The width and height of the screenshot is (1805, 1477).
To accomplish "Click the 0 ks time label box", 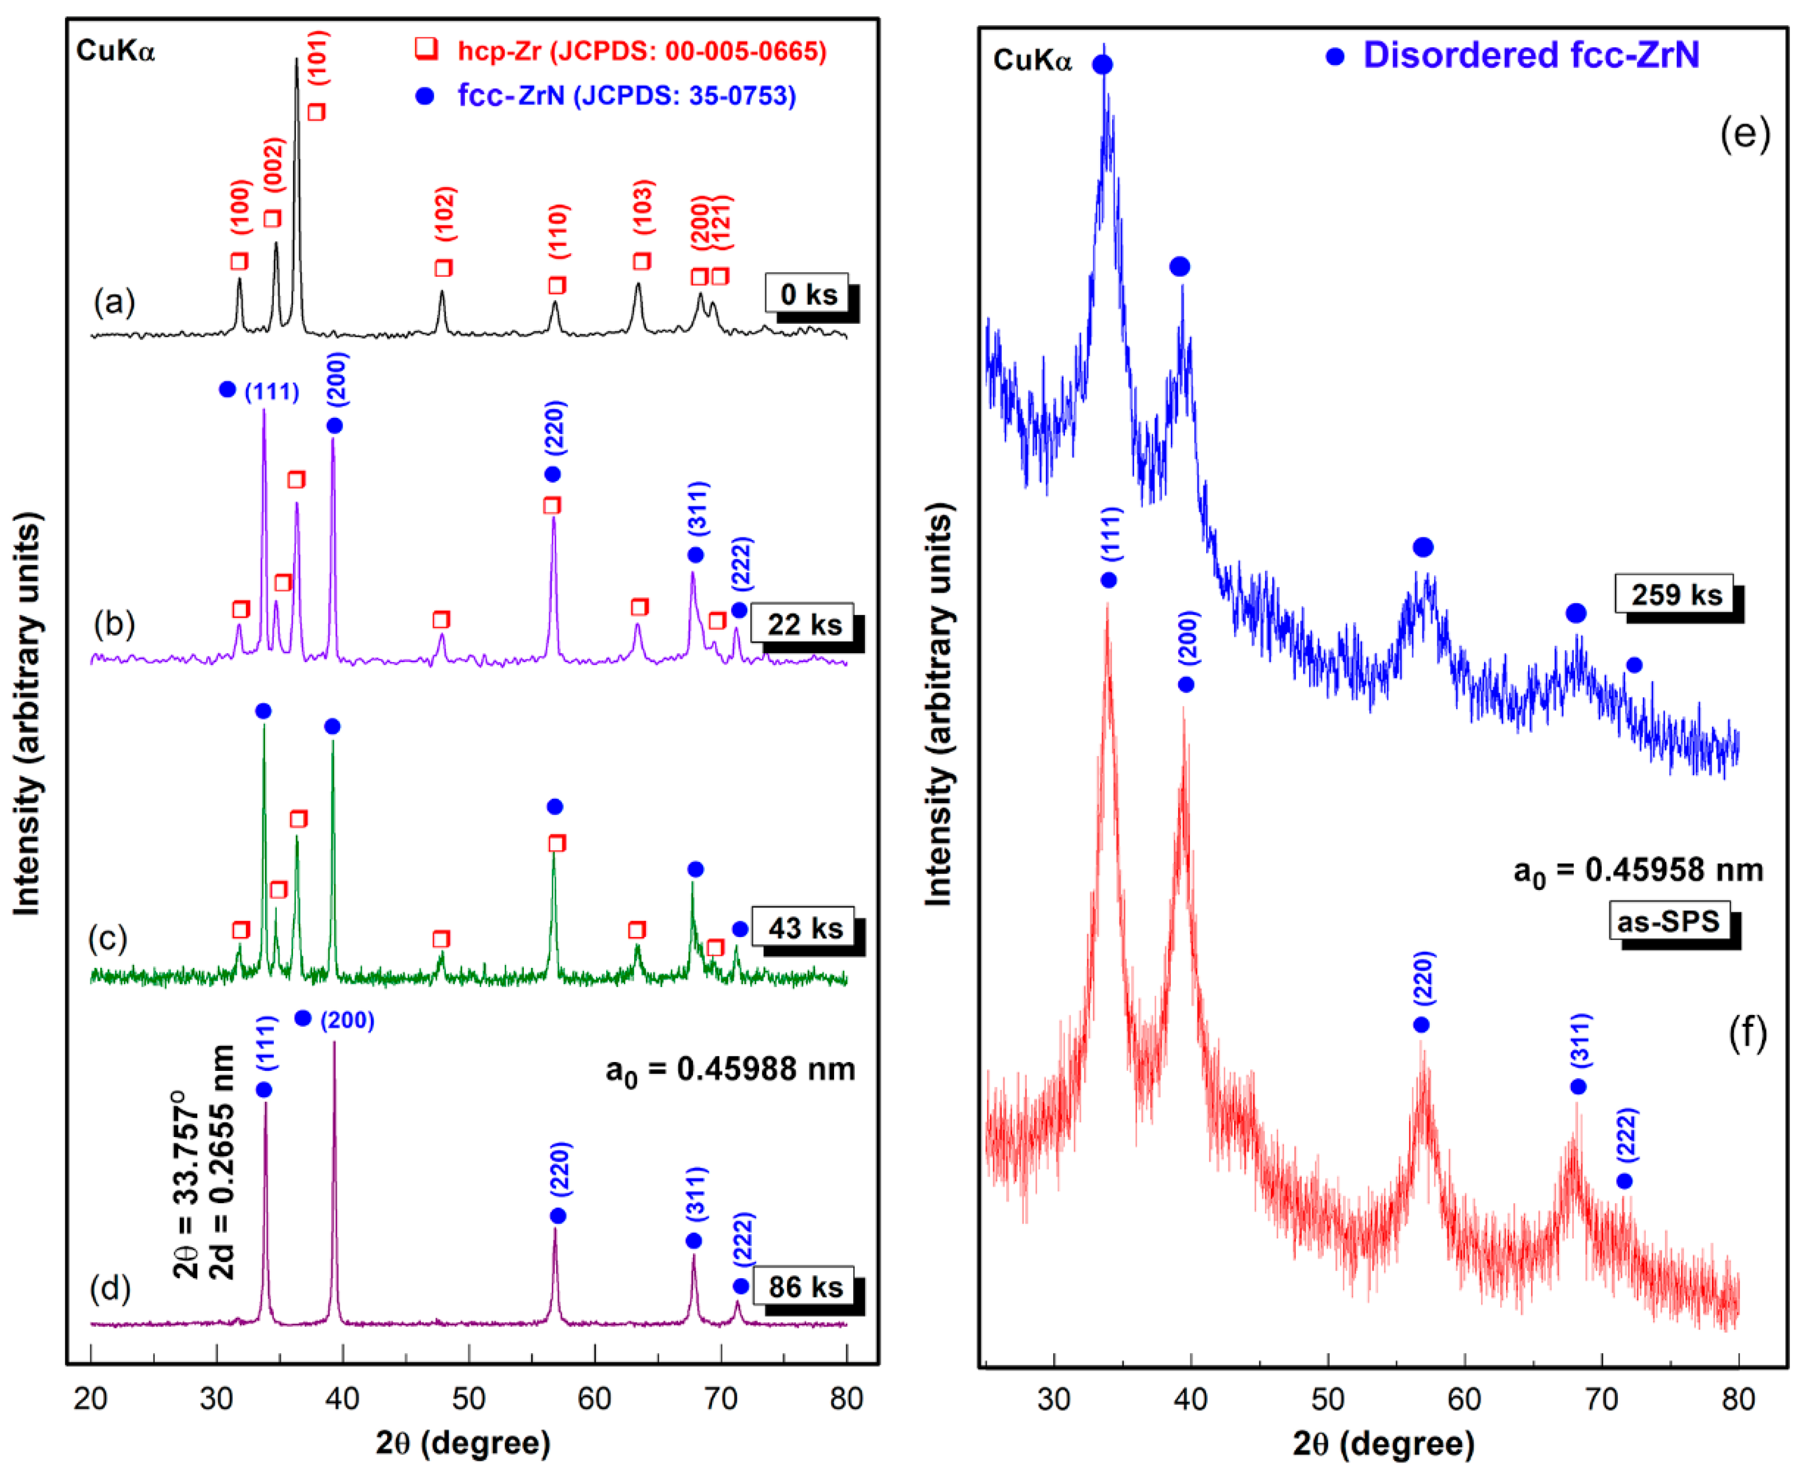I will (807, 295).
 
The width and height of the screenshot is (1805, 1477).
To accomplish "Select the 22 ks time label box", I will (804, 625).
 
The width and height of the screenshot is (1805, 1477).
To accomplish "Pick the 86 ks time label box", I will (804, 1287).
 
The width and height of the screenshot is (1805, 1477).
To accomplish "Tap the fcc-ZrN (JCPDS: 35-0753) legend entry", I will (626, 95).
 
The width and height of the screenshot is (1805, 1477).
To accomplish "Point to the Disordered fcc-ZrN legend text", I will (1530, 55).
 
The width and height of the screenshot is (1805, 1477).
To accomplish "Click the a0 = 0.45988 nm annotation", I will (730, 1069).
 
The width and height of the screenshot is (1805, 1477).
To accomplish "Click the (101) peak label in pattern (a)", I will (318, 58).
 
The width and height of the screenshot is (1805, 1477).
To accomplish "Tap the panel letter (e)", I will (1744, 133).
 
